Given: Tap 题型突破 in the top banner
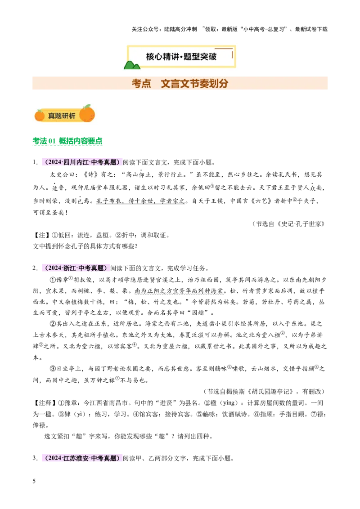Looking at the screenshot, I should pos(200,57).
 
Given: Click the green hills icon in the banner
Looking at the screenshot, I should pos(132,65).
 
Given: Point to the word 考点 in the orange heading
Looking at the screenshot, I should pos(141,83).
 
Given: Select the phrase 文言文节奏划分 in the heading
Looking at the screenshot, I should pos(194,83).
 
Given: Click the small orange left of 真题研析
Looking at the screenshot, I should pos(40,116).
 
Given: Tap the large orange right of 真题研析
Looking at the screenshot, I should pos(87,114).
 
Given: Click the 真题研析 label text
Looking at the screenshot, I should pos(62,116).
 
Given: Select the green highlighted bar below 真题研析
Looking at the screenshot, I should pos(67,142).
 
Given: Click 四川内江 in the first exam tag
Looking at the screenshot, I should pos(76,162).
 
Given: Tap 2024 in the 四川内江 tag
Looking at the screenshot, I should pos(55,162).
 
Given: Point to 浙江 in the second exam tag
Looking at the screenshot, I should pos(69,268).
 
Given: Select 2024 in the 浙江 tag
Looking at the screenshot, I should pos(55,268).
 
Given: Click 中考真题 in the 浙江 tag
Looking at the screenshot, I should pos(91,268).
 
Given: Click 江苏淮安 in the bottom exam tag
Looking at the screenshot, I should pos(76,459).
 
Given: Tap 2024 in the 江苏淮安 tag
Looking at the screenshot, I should pos(55,459).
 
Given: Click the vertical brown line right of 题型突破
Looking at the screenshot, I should pos(232,54).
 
